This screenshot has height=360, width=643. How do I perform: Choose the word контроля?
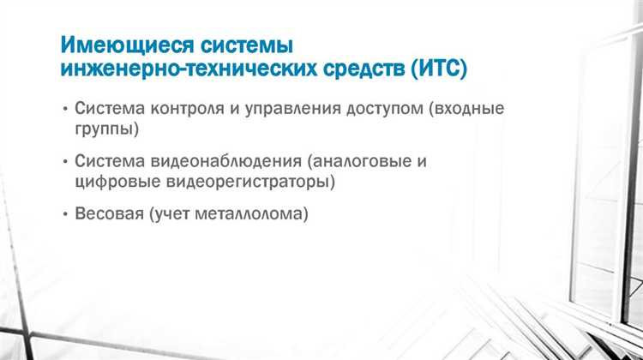click(x=188, y=111)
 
